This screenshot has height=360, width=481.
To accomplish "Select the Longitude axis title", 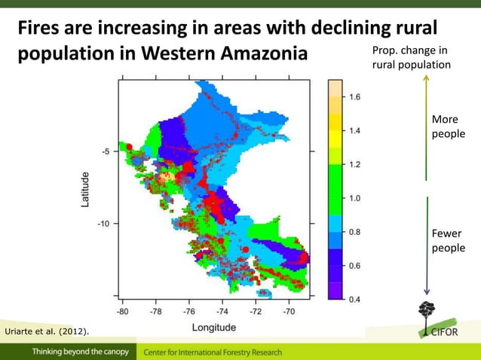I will pyautogui.click(x=213, y=327).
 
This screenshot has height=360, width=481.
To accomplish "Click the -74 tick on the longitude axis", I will pyautogui.click(x=222, y=310).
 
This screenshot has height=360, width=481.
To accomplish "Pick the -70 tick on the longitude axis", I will pyautogui.click(x=289, y=310).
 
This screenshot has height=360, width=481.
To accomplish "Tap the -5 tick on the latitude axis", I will pyautogui.click(x=107, y=151).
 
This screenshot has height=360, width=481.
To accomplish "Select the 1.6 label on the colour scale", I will pyautogui.click(x=354, y=97).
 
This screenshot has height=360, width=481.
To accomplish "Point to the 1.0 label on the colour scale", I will pyautogui.click(x=354, y=198).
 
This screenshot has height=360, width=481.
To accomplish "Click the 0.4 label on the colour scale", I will pyautogui.click(x=354, y=299).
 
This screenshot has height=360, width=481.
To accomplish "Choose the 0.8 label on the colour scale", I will pyautogui.click(x=354, y=232).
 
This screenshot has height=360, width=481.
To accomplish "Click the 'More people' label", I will pyautogui.click(x=444, y=127).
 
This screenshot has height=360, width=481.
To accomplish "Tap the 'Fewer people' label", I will pyautogui.click(x=444, y=240).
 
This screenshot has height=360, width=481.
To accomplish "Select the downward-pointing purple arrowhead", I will pyautogui.click(x=427, y=292).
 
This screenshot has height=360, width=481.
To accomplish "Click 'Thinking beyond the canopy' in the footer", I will pyautogui.click(x=80, y=352).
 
